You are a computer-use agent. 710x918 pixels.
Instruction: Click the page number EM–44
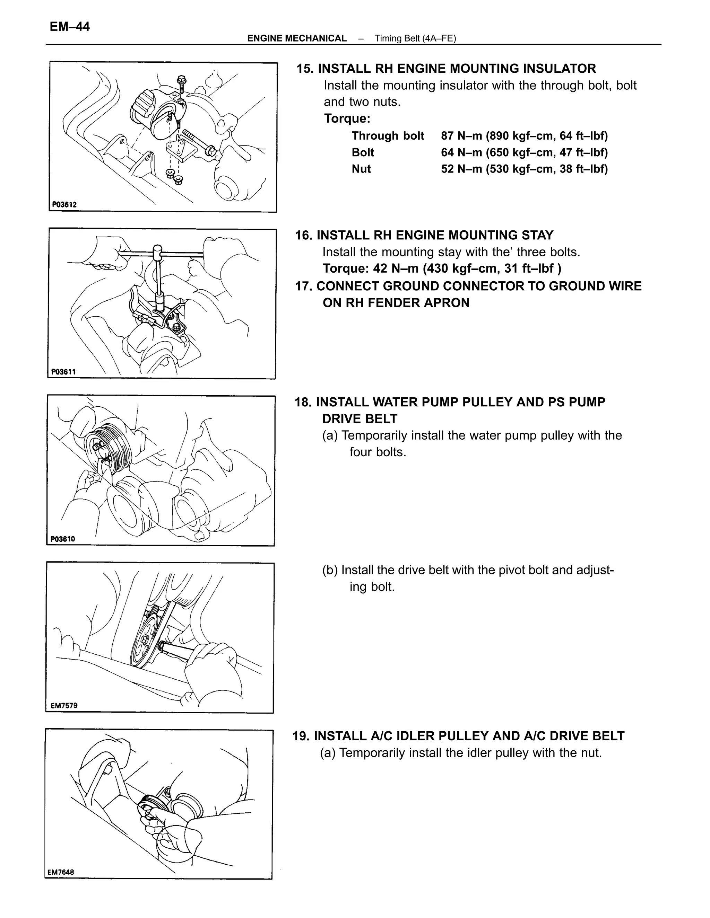pos(69,27)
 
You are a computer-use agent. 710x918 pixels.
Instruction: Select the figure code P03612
pos(64,205)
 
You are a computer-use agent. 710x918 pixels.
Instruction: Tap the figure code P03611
pos(63,372)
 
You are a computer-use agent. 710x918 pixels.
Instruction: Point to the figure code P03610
pos(63,539)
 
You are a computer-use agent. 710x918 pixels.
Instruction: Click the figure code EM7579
pos(64,706)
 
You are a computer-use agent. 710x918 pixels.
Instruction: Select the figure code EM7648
pos(61,872)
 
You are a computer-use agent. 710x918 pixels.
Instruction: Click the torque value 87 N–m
pos(461,136)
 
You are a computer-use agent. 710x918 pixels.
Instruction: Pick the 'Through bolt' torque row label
pos(388,136)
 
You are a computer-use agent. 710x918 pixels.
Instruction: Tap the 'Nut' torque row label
pos(361,169)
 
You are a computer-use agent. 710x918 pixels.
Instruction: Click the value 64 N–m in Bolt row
pos(461,152)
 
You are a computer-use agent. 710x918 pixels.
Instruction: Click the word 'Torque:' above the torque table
pos(347,118)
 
